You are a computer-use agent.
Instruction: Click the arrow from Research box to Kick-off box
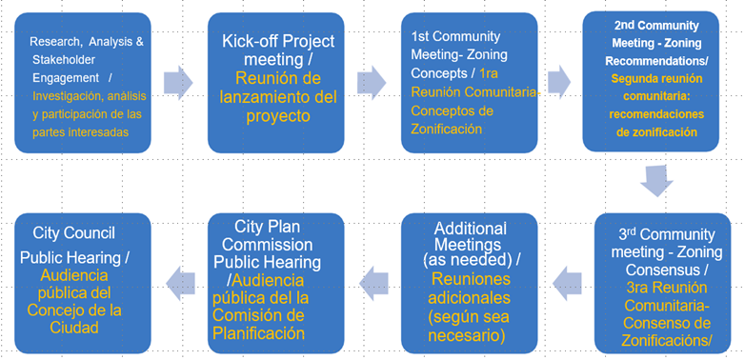(x=178, y=83)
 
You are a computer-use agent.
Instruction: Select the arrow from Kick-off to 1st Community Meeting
(x=372, y=83)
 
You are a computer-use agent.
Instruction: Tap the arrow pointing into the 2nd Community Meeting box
(x=559, y=83)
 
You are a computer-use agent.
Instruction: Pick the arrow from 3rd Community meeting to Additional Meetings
(x=567, y=284)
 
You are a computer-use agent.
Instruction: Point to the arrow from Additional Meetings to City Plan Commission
(x=373, y=284)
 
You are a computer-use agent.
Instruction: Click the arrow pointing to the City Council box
(x=181, y=284)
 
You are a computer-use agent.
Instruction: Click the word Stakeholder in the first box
(x=64, y=60)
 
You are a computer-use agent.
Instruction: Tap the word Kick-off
(x=251, y=42)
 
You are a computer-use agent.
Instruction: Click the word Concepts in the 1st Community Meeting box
(x=433, y=73)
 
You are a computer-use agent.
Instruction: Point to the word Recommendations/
(x=659, y=61)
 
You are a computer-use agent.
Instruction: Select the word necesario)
(x=466, y=335)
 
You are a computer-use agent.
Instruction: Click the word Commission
(x=268, y=245)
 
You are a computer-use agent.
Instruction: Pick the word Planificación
(x=258, y=333)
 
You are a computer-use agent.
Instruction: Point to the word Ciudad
(x=75, y=328)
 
